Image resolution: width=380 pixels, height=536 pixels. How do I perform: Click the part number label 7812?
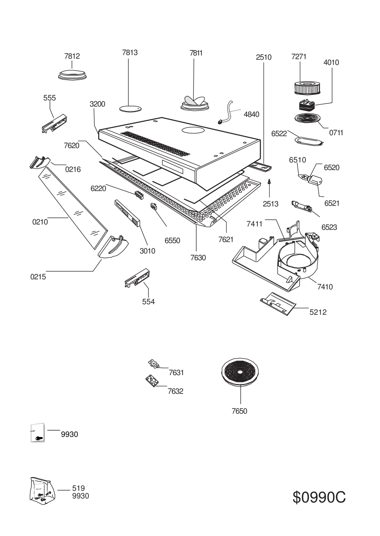coord(72,56)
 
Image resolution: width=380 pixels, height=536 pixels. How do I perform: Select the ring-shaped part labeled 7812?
coord(73,75)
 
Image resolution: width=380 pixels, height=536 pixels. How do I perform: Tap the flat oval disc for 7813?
coord(130,109)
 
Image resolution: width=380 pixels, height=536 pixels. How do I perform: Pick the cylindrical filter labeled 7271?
coord(303,88)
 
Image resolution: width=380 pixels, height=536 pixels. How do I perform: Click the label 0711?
coord(335,133)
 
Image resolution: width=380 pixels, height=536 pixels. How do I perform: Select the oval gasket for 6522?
coord(308,141)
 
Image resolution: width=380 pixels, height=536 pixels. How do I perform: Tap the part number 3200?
coord(97,104)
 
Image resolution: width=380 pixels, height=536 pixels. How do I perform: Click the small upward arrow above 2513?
coord(269,181)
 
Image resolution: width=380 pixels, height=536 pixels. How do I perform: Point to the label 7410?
coord(325,287)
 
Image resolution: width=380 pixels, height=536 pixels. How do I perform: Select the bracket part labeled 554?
coord(137,278)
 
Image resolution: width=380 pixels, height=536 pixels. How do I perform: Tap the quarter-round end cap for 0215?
coord(113,246)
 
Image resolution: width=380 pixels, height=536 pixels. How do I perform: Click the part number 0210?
coord(40,222)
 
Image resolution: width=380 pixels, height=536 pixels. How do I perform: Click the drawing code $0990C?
coord(319,497)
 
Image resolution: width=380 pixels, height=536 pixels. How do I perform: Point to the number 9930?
coord(80,496)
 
